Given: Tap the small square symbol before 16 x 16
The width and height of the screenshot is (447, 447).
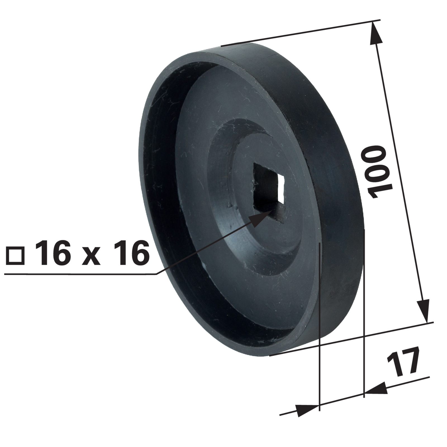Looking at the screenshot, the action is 16,256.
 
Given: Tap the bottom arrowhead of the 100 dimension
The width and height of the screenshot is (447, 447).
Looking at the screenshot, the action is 423,311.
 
